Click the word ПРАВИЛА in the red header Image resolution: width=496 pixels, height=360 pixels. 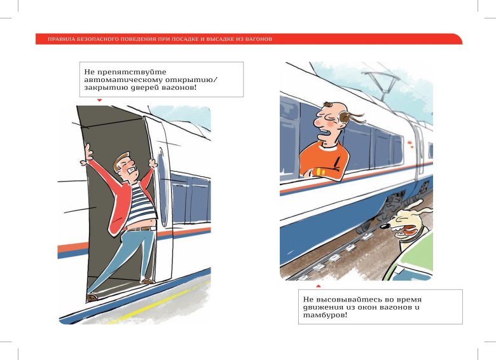57,39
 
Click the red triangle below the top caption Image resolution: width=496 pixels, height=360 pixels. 99,100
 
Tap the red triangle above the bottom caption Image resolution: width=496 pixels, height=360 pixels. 318,286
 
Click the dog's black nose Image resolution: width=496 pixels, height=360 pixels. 385,226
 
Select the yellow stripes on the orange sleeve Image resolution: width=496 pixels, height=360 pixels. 319,172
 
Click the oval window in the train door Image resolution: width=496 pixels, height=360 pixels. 163,187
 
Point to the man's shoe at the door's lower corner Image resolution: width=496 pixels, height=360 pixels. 92,298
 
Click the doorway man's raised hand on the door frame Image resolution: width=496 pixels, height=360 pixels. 87,155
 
